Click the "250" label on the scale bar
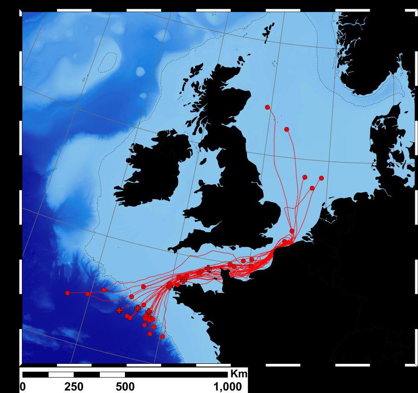pos(74,387)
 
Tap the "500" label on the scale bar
pos(125,387)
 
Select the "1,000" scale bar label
pos(228,387)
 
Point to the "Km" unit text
pos(238,374)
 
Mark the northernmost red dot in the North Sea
pos(268,108)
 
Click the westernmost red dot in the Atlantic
pos(67,293)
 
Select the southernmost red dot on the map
pos(162,336)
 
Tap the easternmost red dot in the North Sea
pos(321,178)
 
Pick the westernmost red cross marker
pos(119,310)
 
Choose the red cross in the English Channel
pos(208,268)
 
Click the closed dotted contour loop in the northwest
pos(110,60)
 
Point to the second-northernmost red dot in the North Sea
pos(287,129)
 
